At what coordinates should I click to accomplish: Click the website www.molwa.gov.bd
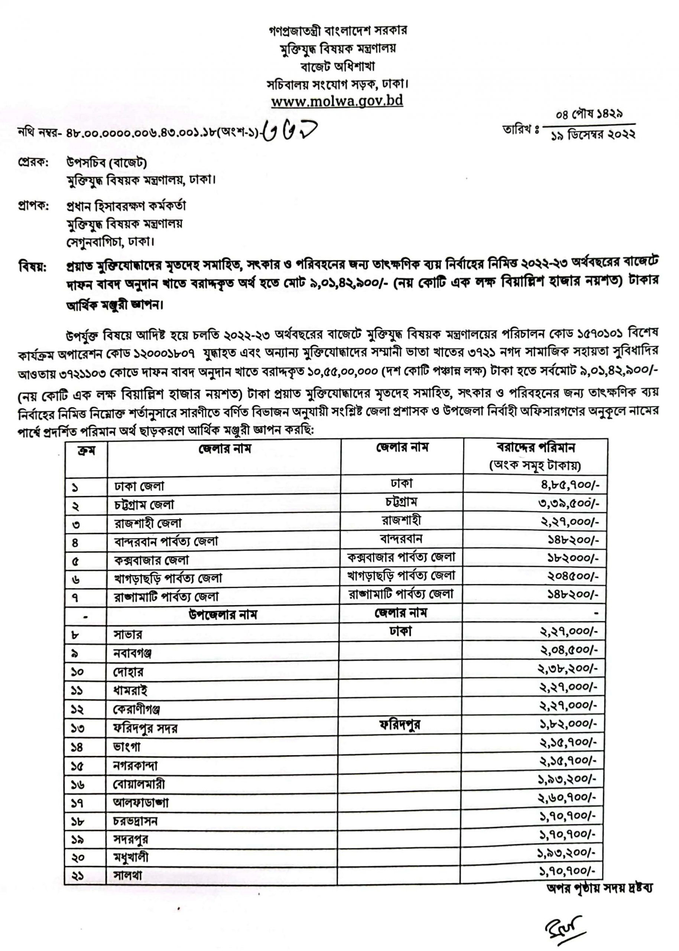coord(337,101)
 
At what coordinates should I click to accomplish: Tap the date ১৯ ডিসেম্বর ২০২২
coord(593,135)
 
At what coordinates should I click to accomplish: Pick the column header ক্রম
coord(86,451)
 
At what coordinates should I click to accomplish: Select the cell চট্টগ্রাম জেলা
coord(144,505)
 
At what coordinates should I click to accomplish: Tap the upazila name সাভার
coord(128,634)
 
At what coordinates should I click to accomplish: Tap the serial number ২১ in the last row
coord(78,875)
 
